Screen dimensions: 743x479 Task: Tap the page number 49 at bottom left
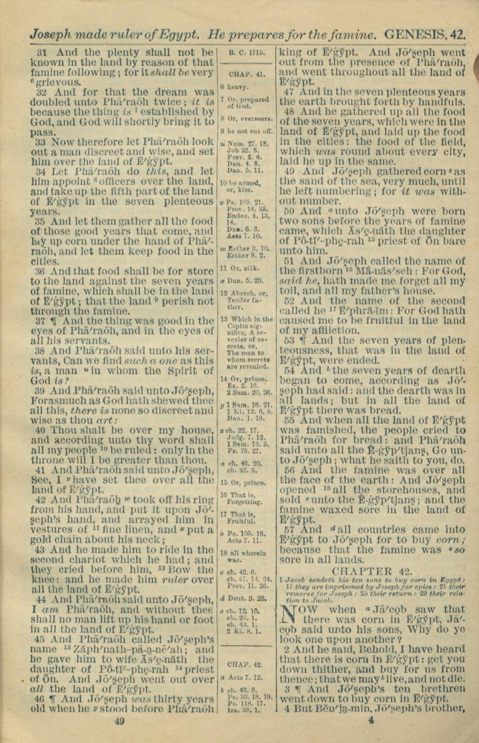tap(120, 721)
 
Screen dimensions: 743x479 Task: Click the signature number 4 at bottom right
tap(370, 720)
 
